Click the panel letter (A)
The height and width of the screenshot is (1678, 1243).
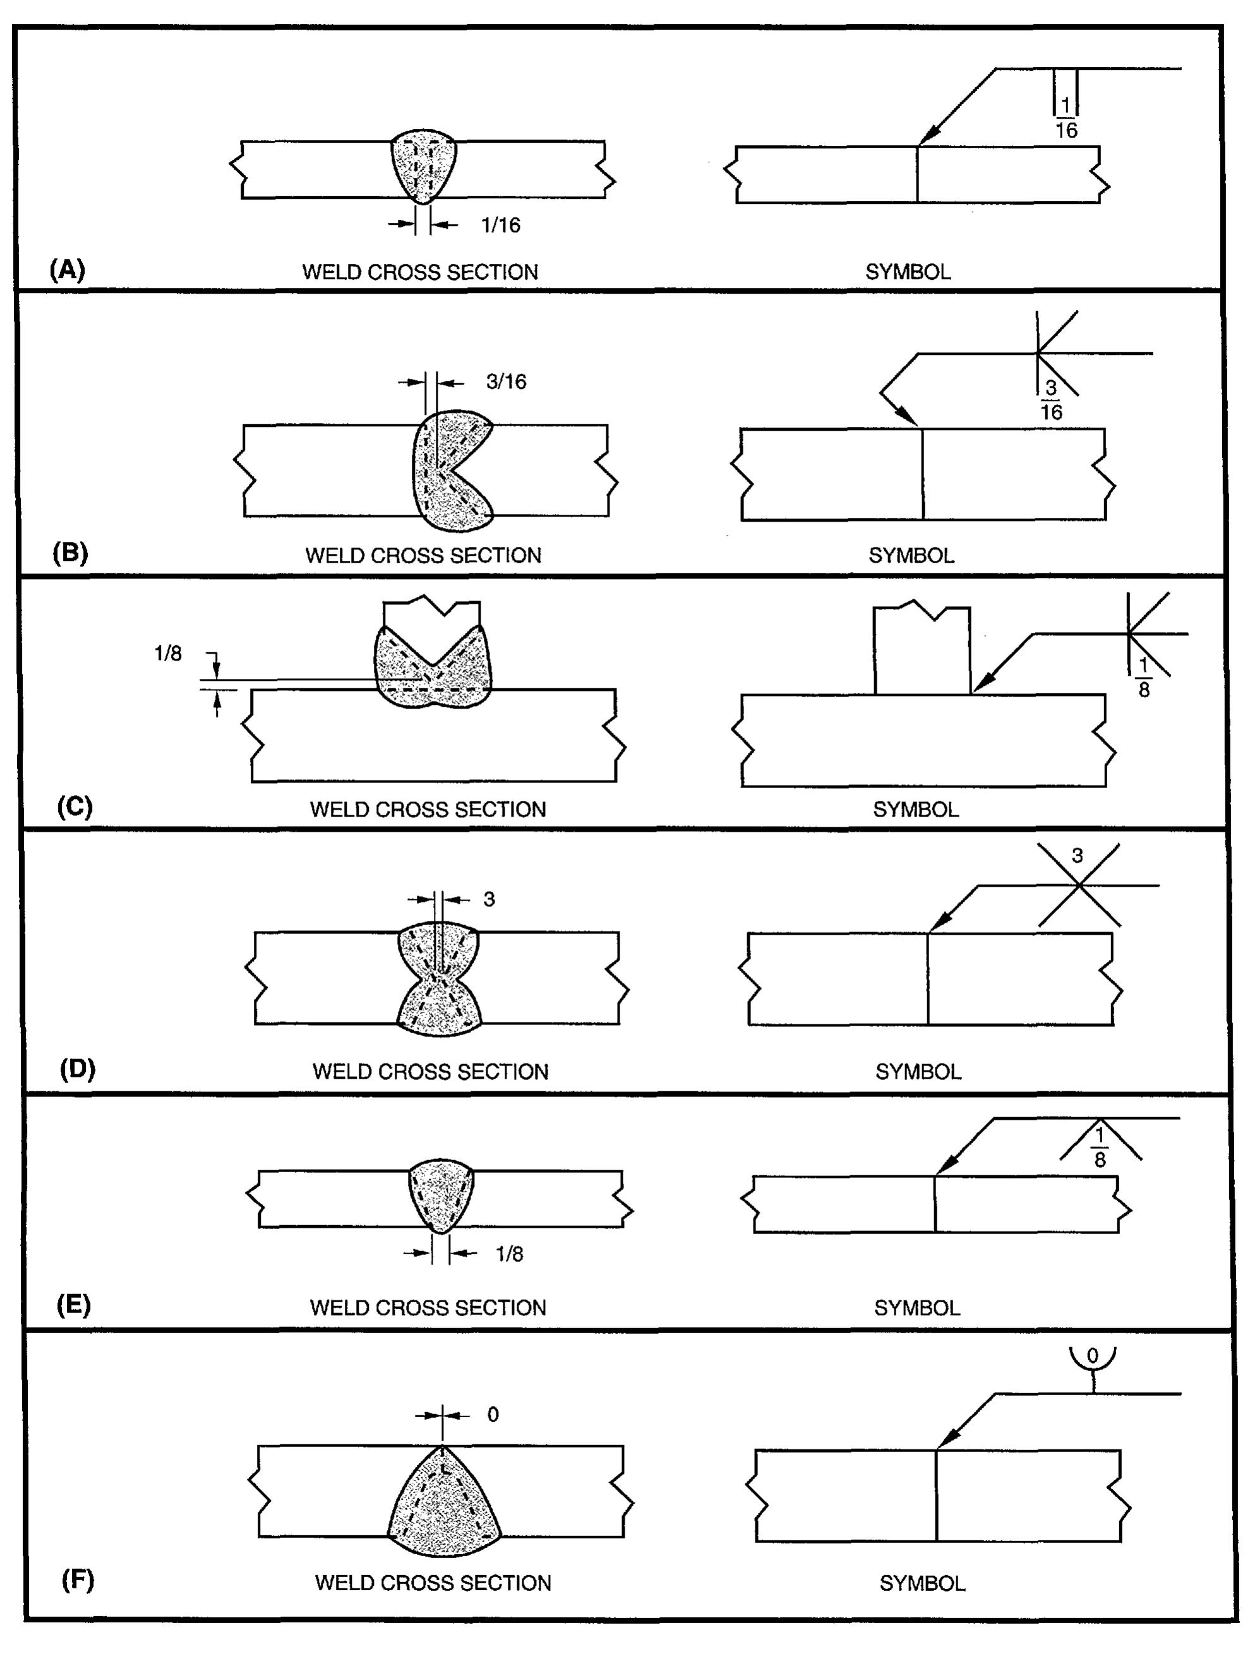click(67, 269)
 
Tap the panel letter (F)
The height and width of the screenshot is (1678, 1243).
click(78, 1580)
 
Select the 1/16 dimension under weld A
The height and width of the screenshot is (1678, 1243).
click(500, 225)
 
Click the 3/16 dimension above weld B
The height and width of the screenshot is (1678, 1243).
click(506, 381)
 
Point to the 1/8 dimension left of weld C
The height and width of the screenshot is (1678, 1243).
click(168, 653)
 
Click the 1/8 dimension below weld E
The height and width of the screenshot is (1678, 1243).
click(508, 1254)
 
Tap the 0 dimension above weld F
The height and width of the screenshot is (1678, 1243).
click(493, 1415)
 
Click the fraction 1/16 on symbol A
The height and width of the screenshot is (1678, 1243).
click(1066, 118)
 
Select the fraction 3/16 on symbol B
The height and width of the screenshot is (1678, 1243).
click(1051, 400)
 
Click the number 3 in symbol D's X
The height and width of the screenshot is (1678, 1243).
click(1077, 855)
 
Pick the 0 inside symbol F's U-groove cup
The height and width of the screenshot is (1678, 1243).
click(1093, 1355)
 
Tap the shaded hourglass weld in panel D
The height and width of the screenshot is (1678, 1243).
click(438, 978)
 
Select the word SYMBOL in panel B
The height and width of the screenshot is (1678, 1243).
click(911, 555)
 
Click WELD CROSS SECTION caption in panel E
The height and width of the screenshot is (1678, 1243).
click(428, 1307)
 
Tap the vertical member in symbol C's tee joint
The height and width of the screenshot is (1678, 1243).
click(922, 650)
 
